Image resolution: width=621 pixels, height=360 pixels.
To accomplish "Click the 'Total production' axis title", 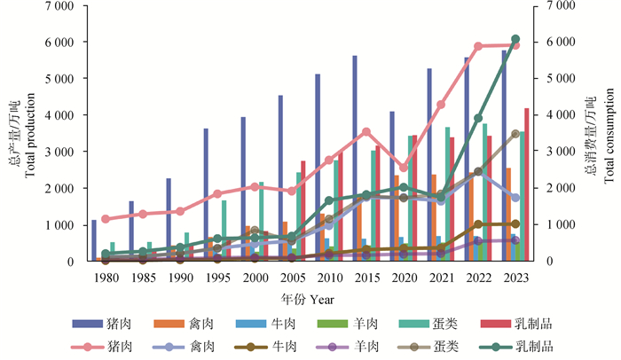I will pos(32,133).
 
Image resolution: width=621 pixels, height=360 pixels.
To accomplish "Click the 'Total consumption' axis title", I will pos(609,133).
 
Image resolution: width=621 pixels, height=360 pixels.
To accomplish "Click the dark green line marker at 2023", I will pos(515,39).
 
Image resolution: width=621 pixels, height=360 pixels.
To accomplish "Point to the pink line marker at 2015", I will pos(366,132).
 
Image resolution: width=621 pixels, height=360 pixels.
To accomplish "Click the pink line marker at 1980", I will pos(106,218).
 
